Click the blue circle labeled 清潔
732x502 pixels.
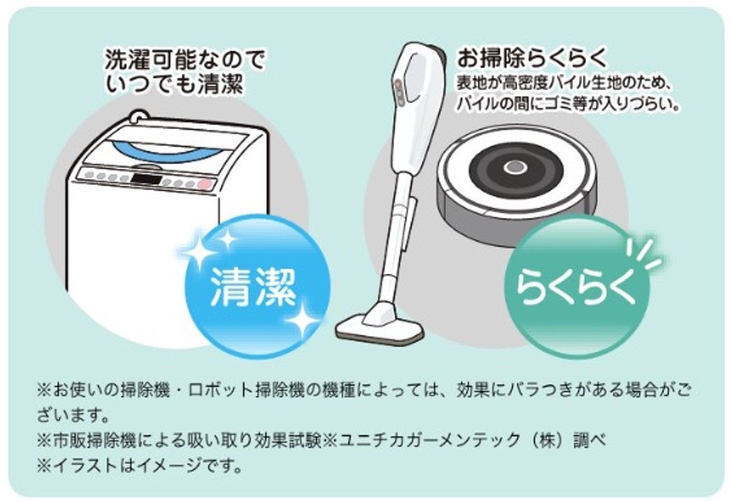pos(257,286)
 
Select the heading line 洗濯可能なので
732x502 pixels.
pos(185,61)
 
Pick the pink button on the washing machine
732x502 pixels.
pos(205,184)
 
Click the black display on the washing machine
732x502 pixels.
pos(146,179)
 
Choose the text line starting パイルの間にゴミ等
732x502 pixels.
pos(566,103)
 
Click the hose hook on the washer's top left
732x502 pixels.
pos(139,115)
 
